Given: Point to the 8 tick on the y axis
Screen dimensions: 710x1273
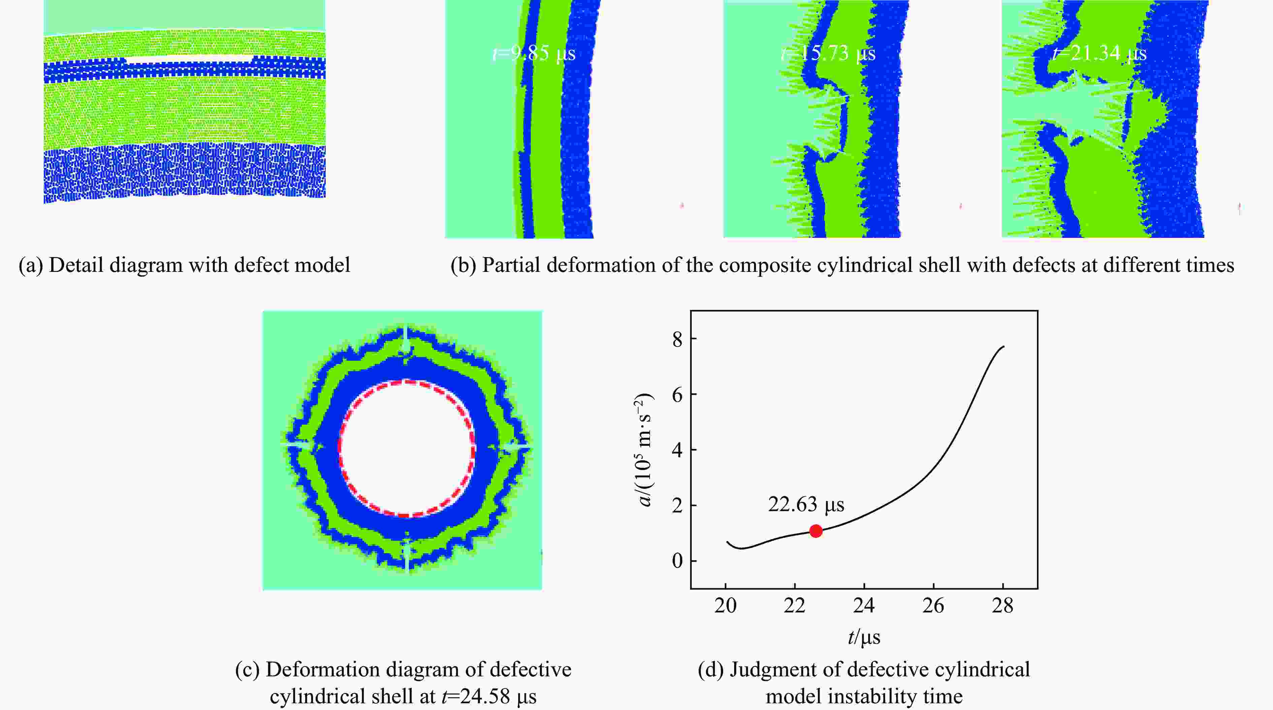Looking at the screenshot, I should (677, 339).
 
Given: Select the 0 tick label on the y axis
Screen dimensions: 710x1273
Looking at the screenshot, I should (677, 561).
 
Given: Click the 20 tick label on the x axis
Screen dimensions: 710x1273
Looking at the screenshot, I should (725, 605).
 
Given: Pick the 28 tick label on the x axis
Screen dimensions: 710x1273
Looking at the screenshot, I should (1003, 605).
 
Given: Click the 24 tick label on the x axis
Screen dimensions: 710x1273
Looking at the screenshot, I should (864, 605).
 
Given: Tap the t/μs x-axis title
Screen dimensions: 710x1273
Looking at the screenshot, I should (864, 637).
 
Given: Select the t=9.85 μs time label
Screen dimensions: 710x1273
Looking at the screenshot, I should (535, 53).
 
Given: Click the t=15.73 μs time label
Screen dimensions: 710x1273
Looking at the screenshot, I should (828, 53).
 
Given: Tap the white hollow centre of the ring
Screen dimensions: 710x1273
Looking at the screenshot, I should (406, 448).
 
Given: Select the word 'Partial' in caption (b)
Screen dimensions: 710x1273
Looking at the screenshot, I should (511, 265).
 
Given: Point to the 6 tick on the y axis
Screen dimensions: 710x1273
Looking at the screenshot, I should (677, 394).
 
